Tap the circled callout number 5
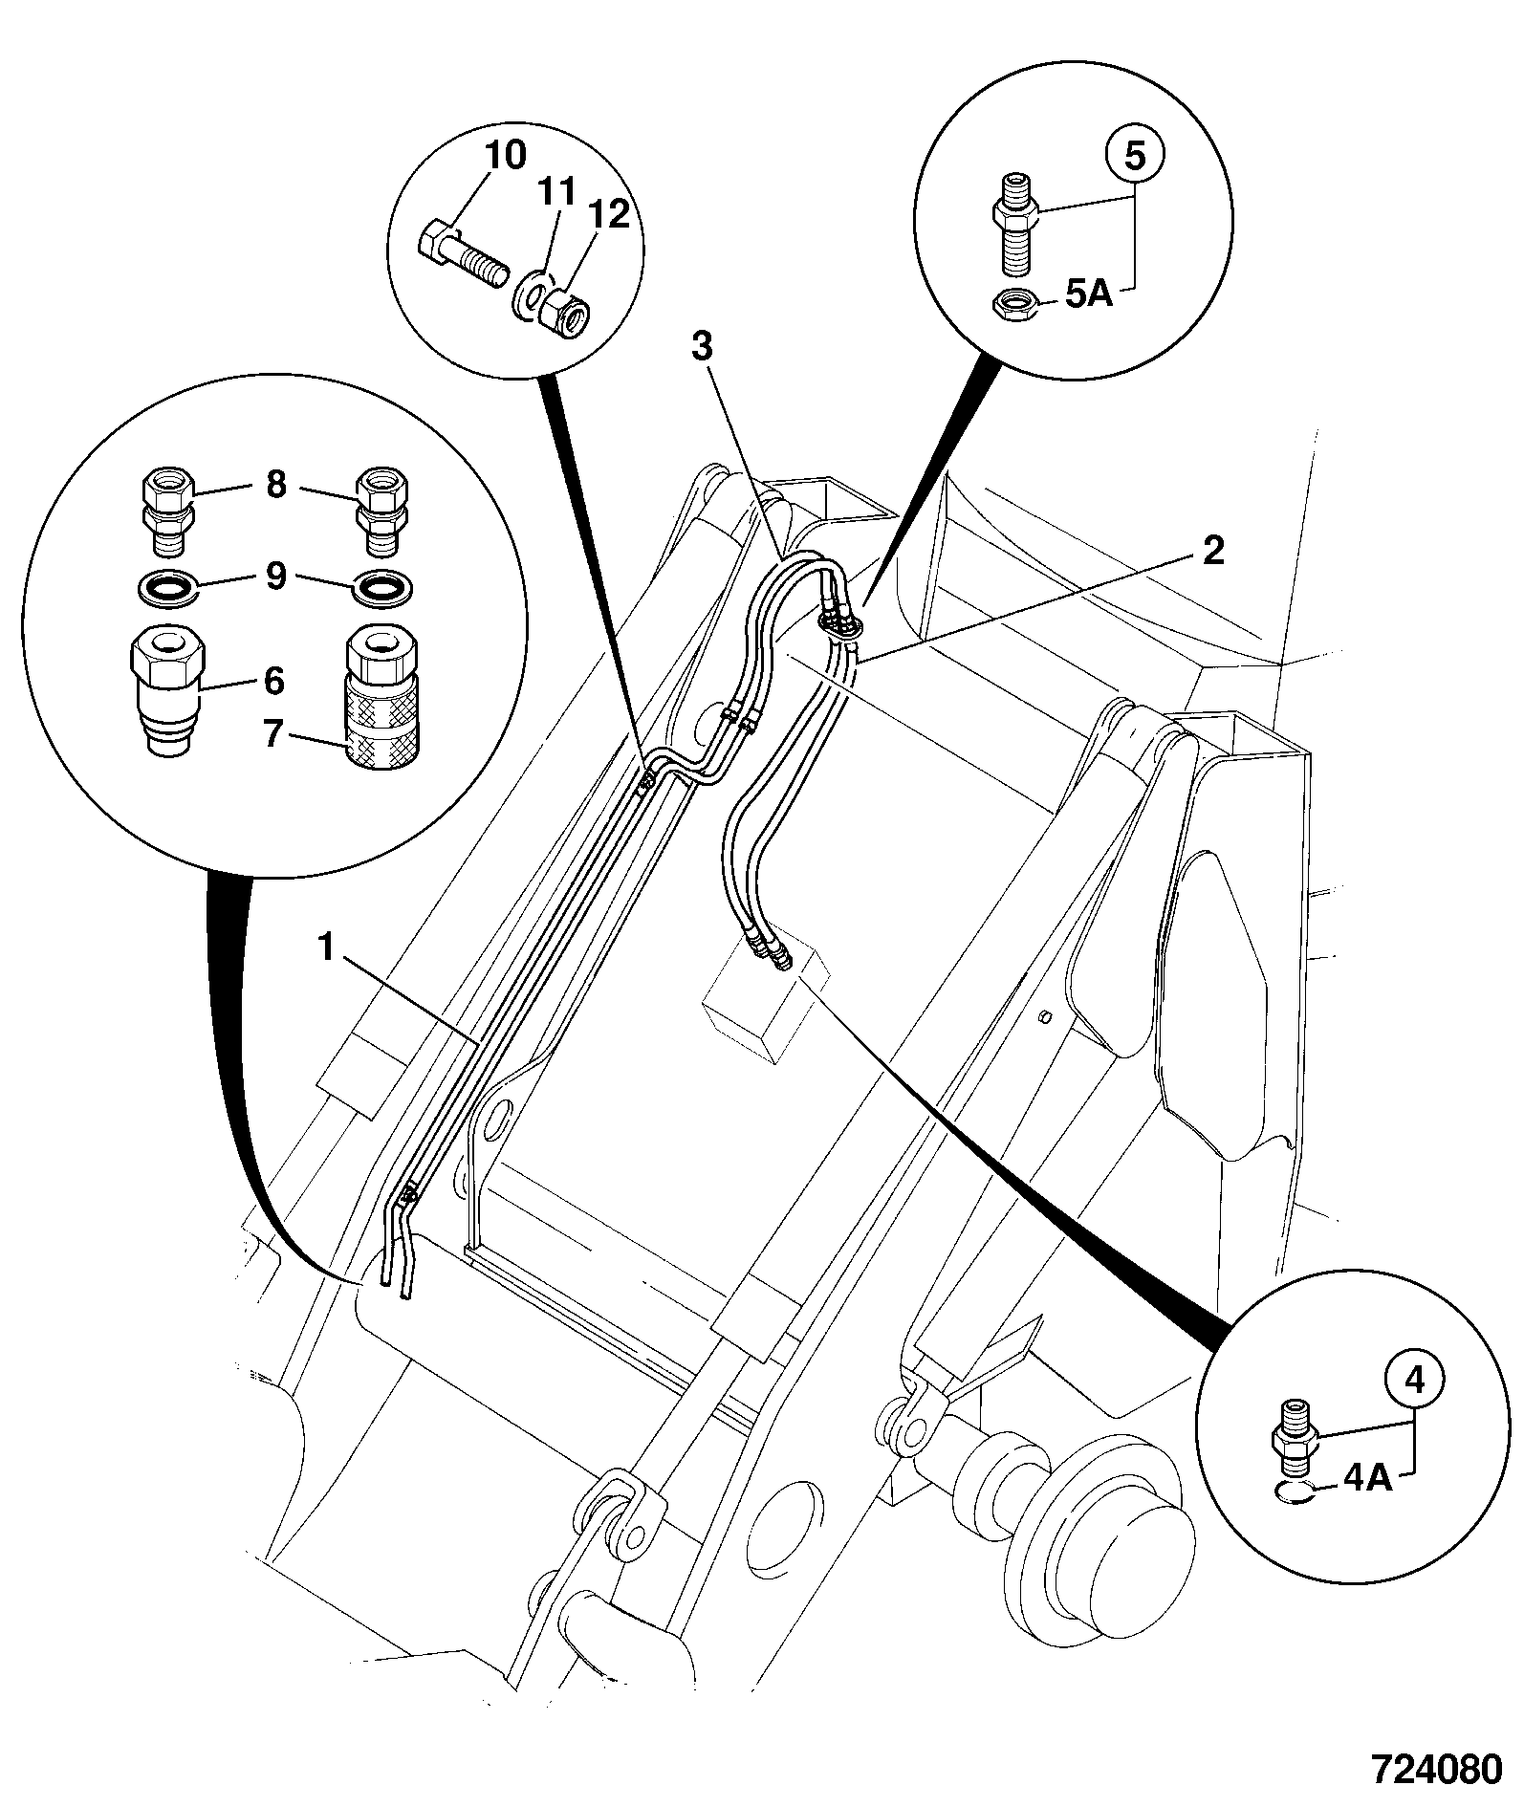coord(1135,157)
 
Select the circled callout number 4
coord(1416,1379)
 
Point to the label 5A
coord(1089,296)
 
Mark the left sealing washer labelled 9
coord(168,587)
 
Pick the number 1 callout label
coord(327,947)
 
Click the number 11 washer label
coord(556,191)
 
